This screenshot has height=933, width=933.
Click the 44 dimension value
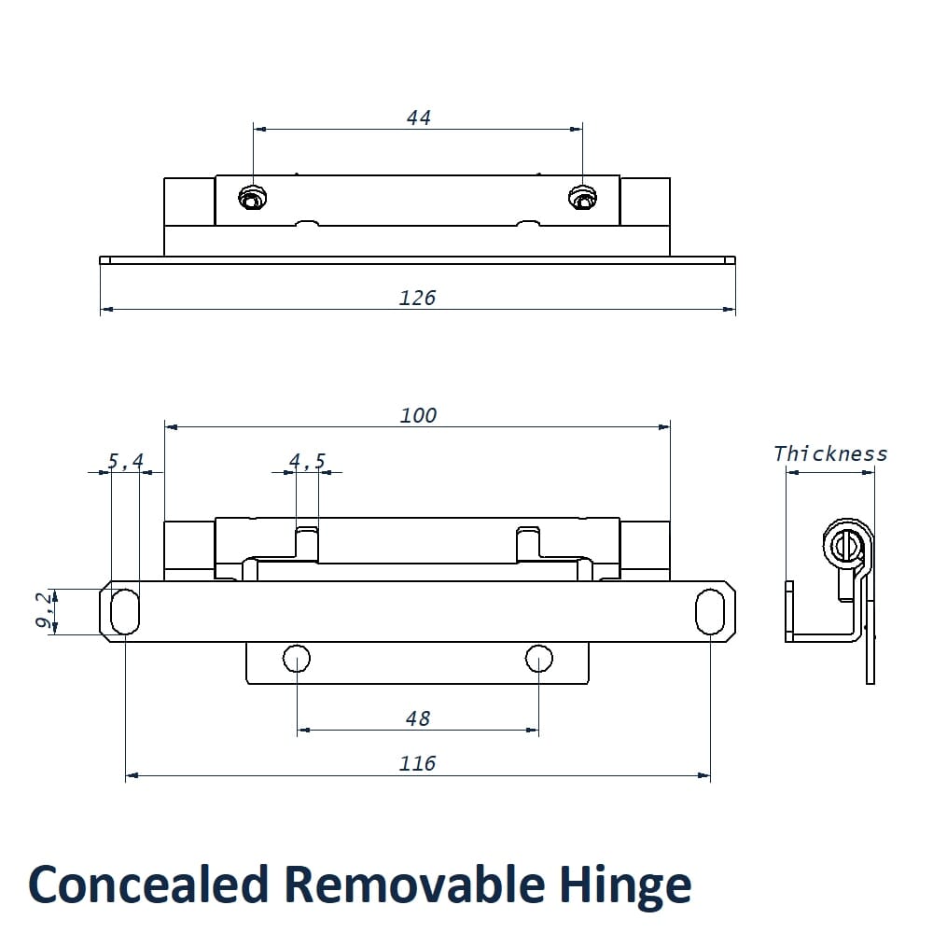coord(418,118)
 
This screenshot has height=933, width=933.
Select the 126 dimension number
coord(417,299)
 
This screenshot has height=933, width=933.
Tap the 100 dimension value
coord(418,416)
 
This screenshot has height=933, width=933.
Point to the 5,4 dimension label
coord(125,461)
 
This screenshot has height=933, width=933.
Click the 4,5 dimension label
coord(307,461)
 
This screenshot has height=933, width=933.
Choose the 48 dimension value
coord(418,718)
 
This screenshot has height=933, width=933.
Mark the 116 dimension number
coord(417,764)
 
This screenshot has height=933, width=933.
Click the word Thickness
coord(830,454)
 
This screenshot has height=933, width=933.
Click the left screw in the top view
coord(252,198)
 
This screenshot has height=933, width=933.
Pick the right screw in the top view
coord(582,198)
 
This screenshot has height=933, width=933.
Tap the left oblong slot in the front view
coord(125,611)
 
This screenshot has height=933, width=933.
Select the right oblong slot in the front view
coord(710,611)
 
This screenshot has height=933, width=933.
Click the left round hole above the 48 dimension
coord(297,659)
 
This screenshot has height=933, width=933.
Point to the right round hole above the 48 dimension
coord(538,659)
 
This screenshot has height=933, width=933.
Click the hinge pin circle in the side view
coord(845,545)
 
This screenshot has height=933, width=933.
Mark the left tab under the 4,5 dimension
coord(307,544)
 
